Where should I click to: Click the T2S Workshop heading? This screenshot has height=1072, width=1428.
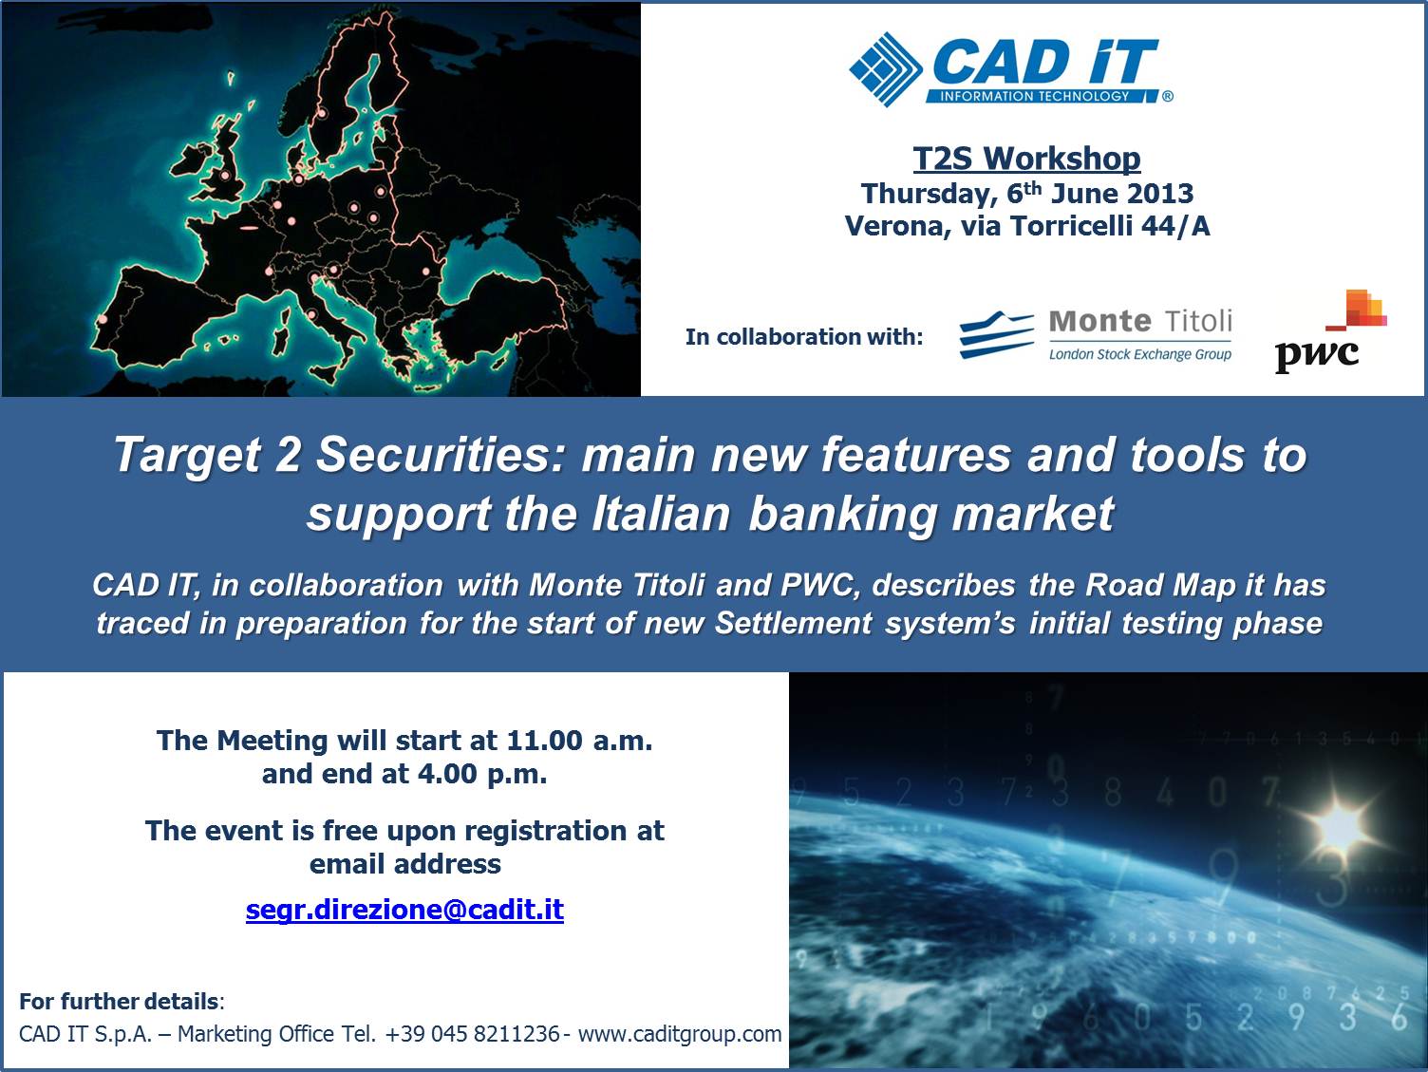point(1026,159)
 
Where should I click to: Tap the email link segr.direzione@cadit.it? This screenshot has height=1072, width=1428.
point(404,909)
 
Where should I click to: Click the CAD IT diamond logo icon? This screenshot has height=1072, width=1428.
point(886,69)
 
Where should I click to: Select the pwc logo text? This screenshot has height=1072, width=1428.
point(1316,354)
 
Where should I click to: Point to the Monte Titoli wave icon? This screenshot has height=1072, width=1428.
point(996,334)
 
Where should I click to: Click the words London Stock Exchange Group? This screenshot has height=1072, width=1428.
point(1139,354)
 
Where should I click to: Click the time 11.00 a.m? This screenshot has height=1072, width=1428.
point(579,741)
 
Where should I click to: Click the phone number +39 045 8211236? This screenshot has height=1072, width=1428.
point(472,1033)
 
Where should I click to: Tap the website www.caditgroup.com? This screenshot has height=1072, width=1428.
point(680,1034)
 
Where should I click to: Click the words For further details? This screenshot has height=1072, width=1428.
point(119,1001)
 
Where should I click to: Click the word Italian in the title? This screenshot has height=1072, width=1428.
point(661,514)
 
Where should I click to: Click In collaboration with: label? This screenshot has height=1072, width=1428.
point(804,336)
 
